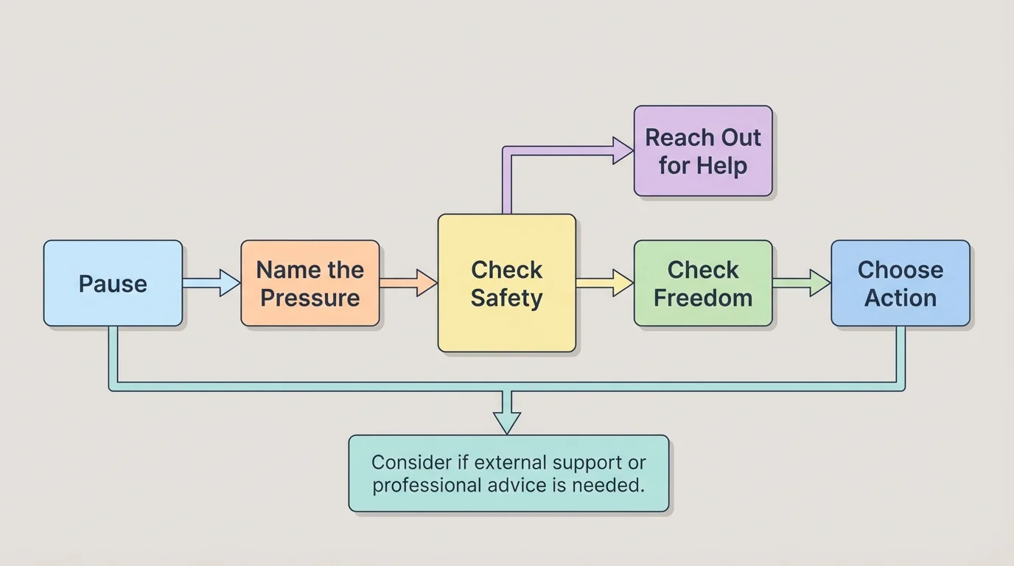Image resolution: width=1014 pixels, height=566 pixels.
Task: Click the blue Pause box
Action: tap(113, 283)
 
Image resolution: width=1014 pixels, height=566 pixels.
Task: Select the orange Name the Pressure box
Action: tap(310, 283)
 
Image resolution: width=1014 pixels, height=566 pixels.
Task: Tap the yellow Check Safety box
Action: tap(506, 283)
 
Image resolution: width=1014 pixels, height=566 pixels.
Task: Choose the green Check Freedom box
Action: tap(703, 283)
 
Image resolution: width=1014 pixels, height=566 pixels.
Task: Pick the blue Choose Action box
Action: tap(900, 283)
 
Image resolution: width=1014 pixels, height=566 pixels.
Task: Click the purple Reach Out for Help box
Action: tap(703, 151)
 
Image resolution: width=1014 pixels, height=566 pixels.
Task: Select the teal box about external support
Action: tap(508, 473)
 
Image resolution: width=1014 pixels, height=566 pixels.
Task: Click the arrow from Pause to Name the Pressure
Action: tap(211, 283)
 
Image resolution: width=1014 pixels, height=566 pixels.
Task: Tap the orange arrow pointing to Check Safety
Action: tap(409, 283)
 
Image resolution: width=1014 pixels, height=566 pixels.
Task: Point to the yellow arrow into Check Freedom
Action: tap(605, 283)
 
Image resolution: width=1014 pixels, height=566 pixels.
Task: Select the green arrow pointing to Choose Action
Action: tap(802, 283)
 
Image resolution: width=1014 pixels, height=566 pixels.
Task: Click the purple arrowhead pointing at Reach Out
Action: tap(623, 150)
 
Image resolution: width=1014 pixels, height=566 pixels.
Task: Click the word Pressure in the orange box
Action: tap(310, 298)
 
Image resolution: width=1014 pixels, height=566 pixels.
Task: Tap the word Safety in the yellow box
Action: tap(506, 298)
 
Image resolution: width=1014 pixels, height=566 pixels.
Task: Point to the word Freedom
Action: tap(703, 298)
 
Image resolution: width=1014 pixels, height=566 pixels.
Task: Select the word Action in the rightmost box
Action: tap(900, 298)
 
